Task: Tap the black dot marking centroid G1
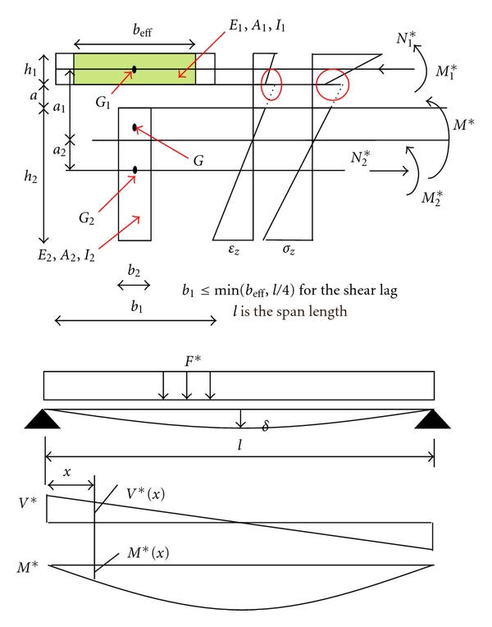(134, 69)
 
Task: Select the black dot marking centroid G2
(134, 170)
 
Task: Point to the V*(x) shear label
(148, 494)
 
